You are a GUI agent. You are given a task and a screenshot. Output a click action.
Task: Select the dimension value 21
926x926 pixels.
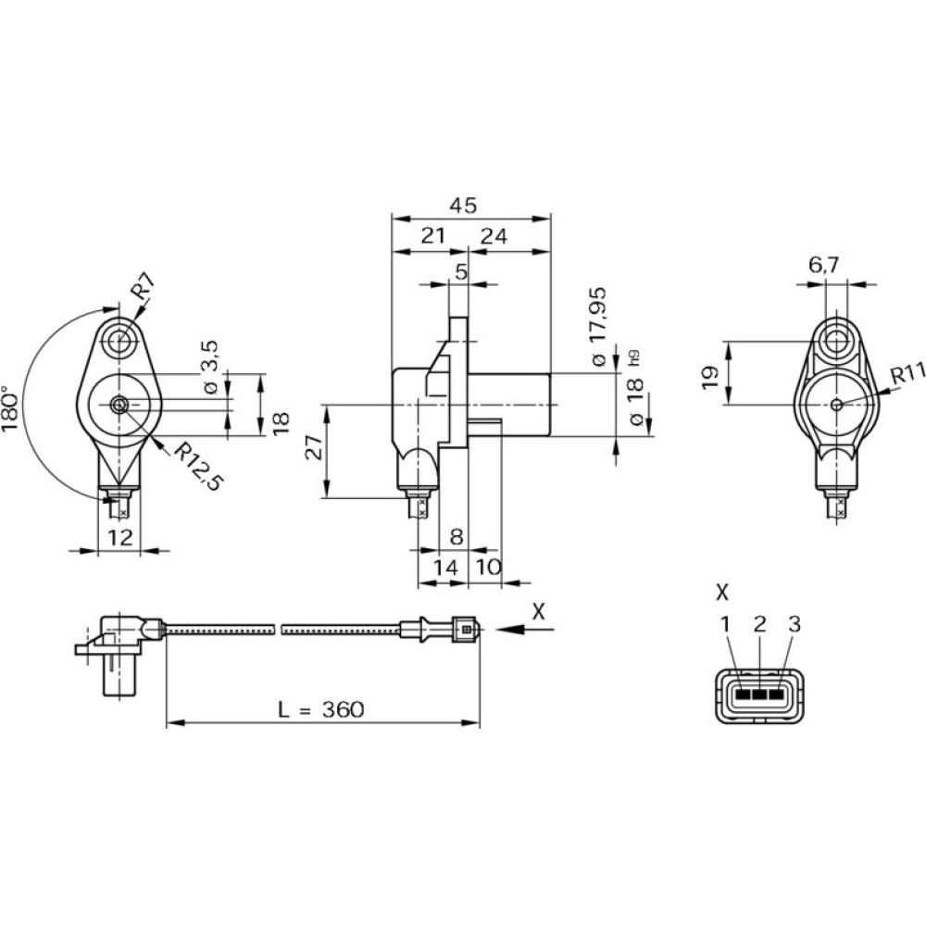(x=432, y=236)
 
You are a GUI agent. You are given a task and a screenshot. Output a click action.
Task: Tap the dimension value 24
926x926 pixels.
(x=494, y=236)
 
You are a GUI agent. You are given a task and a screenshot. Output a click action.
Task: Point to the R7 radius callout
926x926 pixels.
(x=142, y=291)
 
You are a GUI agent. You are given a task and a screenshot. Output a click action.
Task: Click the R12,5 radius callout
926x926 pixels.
(x=198, y=467)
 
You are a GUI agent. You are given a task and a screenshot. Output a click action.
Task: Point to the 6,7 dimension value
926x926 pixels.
(x=823, y=265)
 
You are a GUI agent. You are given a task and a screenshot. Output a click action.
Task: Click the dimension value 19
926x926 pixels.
(x=710, y=374)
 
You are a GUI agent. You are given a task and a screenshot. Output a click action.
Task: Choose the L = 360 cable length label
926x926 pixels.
(x=321, y=710)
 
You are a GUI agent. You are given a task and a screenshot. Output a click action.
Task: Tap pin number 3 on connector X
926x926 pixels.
(x=793, y=623)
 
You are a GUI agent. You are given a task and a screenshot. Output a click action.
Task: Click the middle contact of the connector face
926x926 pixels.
(x=760, y=692)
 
